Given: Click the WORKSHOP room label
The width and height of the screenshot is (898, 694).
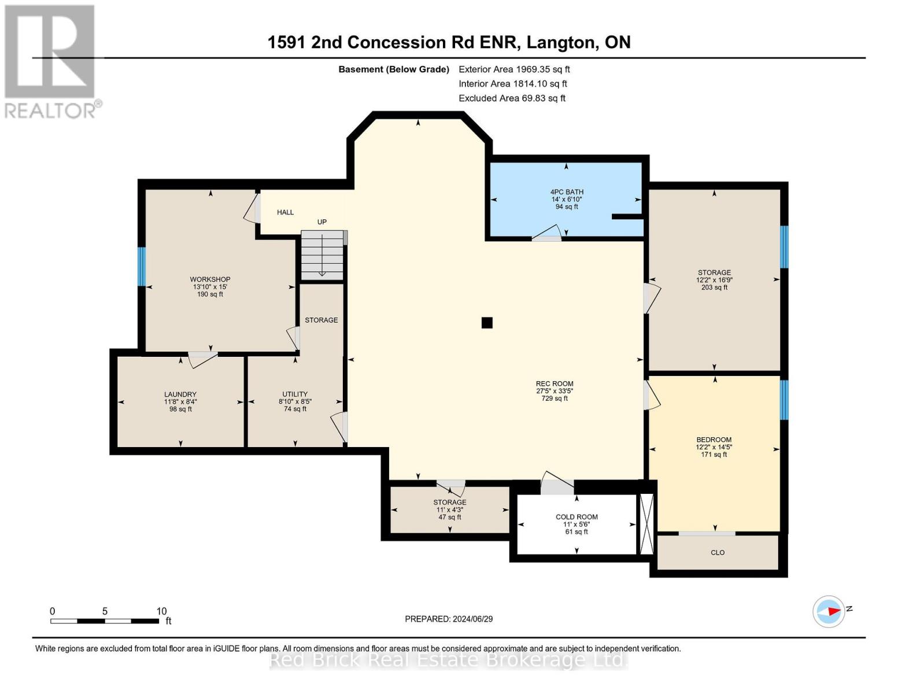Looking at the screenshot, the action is pos(210,279).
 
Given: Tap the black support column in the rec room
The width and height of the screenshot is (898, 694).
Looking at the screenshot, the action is pos(487,322).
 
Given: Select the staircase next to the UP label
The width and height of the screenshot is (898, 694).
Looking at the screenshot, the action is pos(322,256).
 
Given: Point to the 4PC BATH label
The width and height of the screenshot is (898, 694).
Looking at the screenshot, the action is pos(567,192).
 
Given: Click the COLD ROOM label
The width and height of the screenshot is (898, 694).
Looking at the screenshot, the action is pos(577,516).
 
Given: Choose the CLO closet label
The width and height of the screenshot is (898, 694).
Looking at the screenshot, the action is pos(718,552).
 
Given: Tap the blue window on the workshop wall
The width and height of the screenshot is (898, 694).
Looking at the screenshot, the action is pos(141,267).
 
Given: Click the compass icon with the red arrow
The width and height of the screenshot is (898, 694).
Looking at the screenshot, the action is pos(828,611).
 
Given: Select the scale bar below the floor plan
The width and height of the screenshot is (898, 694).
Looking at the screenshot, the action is pos(105,621).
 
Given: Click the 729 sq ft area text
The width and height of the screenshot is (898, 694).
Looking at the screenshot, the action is pos(555,398).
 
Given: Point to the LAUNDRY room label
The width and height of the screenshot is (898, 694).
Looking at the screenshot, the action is pos(180,394).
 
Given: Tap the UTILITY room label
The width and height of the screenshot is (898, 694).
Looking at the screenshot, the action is pos(295,394).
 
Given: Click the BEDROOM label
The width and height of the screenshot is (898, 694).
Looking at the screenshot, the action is pos(714,440).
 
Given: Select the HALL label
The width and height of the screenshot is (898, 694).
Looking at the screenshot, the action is pos(285,212).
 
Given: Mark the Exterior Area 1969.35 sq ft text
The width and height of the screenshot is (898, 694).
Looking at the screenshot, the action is pos(514,69).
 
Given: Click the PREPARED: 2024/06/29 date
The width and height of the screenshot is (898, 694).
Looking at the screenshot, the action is pos(449,619).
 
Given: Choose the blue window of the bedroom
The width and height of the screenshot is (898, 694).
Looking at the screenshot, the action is pos(784,400).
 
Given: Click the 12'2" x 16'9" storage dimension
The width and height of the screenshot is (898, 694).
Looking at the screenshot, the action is pos(714,280).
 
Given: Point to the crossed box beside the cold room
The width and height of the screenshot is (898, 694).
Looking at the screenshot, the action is pos(646,524).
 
